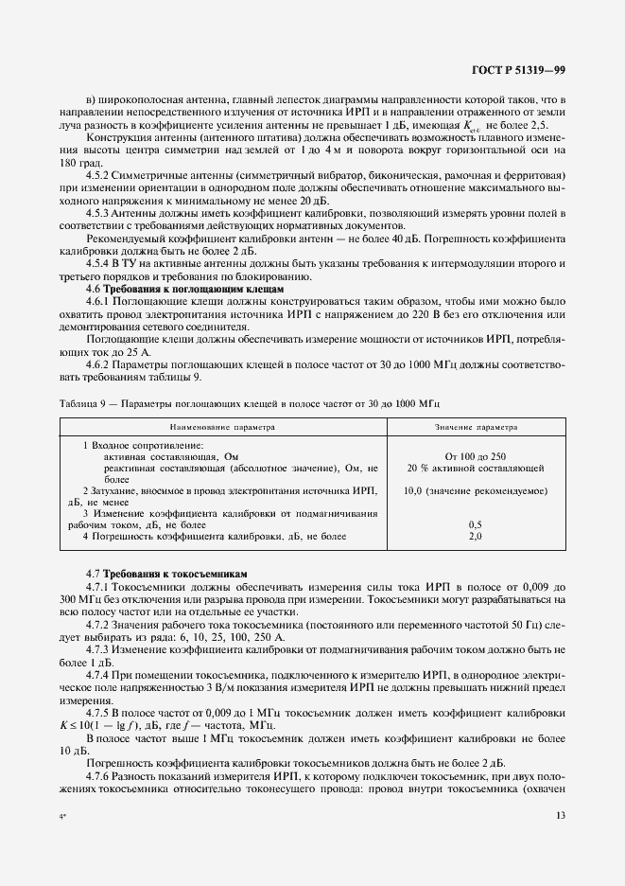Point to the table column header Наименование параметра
tap(222, 427)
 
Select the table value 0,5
tap(475, 524)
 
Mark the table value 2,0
tap(475, 536)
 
